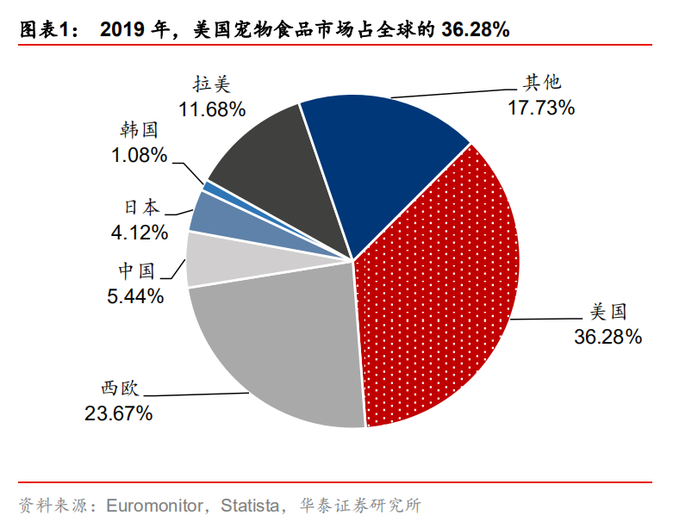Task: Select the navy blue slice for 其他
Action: (x=379, y=155)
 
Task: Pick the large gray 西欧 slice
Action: (x=276, y=345)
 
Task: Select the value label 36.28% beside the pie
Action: (x=608, y=337)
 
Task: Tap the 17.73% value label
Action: (x=539, y=109)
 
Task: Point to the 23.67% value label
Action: (x=118, y=413)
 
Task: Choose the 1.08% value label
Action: (x=139, y=156)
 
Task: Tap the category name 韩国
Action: (x=140, y=131)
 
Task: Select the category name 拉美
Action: (x=213, y=84)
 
